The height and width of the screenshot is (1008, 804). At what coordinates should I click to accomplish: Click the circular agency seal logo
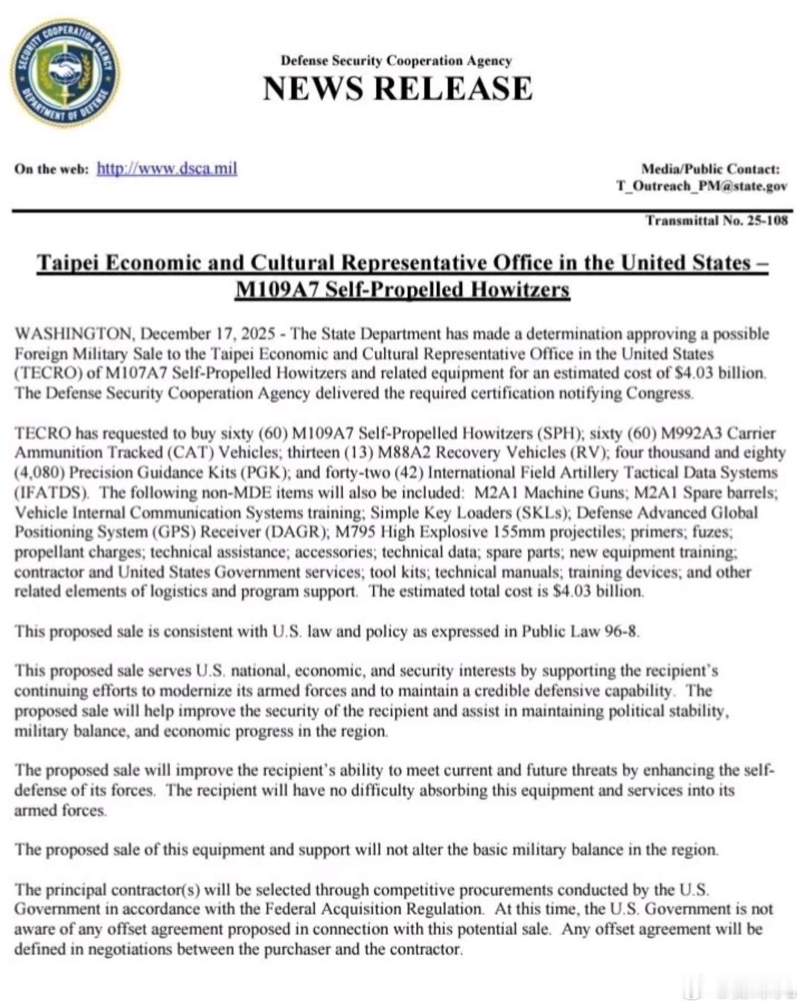(65, 74)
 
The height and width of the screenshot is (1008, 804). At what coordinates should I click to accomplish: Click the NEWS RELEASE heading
(398, 89)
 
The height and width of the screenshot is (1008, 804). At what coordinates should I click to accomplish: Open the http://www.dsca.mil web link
(167, 168)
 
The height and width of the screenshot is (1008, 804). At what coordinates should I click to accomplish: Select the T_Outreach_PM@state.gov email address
(701, 186)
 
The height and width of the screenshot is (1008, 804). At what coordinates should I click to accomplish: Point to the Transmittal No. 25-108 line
(716, 221)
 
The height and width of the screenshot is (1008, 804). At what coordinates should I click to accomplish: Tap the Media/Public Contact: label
(710, 169)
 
